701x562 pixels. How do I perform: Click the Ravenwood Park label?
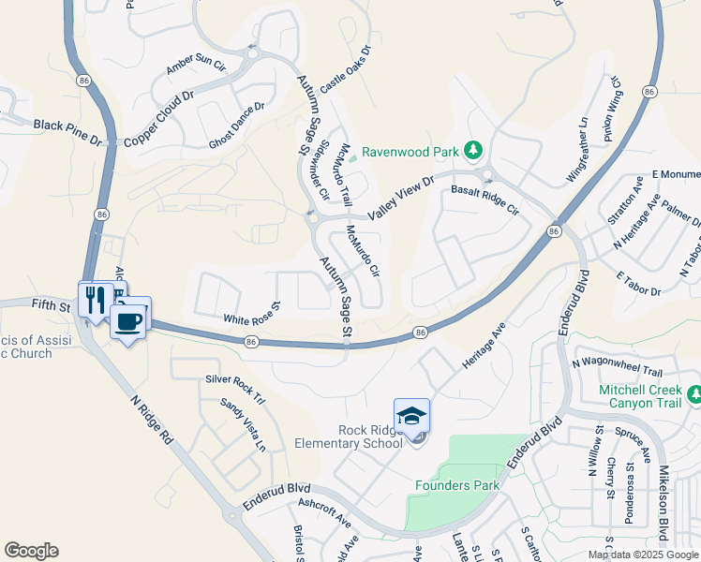(x=410, y=151)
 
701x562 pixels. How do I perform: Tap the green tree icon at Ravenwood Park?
(x=474, y=150)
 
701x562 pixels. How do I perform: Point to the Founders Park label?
(x=457, y=485)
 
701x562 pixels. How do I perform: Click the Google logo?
(x=31, y=551)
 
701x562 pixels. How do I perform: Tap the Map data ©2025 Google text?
(x=644, y=555)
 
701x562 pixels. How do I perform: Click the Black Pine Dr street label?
(x=67, y=131)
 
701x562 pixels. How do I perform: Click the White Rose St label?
(x=252, y=313)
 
